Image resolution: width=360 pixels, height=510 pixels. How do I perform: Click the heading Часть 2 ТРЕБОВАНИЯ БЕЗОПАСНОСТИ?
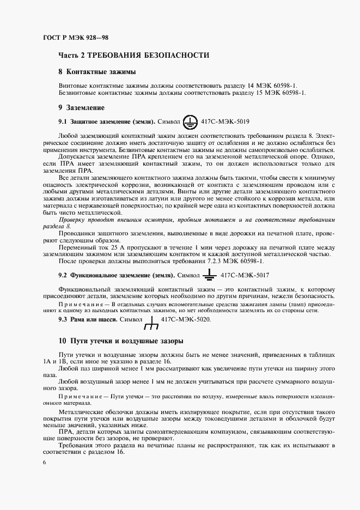133,56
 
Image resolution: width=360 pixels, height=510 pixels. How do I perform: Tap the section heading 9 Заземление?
81,107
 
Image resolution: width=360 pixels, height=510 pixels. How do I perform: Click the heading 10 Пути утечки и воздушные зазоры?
120,341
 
